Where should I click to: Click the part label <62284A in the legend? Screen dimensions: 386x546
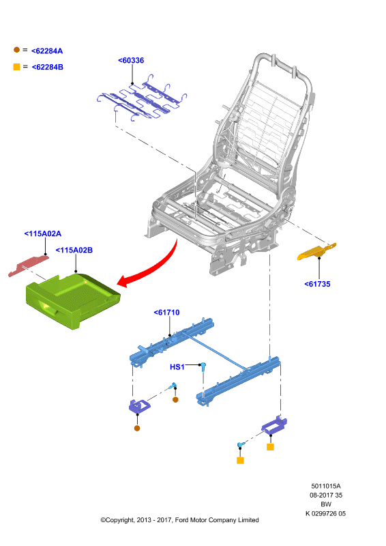pos(47,51)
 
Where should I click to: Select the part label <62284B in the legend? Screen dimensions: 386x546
pos(47,67)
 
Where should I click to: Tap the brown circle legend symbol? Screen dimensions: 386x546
pos(16,50)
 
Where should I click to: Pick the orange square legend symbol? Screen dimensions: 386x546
pos(16,66)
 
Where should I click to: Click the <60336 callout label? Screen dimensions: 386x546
pos(131,60)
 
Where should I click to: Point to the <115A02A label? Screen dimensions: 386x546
pos(43,233)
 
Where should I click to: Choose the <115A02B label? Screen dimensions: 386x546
pos(74,250)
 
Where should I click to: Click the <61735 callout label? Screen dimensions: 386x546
pos(317,284)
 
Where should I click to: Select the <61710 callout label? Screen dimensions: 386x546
pos(166,313)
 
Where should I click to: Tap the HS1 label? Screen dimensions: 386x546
pos(177,367)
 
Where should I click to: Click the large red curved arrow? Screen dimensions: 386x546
pos(153,268)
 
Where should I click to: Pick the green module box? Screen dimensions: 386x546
pos(73,301)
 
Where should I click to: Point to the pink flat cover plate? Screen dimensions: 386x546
pos(28,265)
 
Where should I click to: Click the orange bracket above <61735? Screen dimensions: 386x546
pos(316,251)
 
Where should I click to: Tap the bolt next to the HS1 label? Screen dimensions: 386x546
pos(203,366)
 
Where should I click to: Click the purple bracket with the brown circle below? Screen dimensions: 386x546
pos(139,406)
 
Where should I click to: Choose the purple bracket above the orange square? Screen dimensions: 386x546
pos(274,425)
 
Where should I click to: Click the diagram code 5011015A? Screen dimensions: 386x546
pos(326,486)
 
